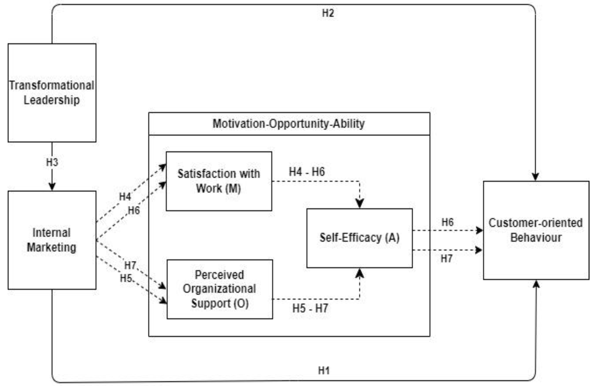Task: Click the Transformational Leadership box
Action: (x=52, y=93)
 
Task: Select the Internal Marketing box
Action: (x=52, y=240)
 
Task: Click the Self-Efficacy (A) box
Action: (x=359, y=238)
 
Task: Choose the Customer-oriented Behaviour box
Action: (x=536, y=230)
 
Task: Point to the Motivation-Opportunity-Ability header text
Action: (x=289, y=123)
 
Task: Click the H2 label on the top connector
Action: (x=328, y=13)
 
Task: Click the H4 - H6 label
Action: (x=307, y=172)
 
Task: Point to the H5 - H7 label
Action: (x=310, y=308)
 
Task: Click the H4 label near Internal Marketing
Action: (x=125, y=197)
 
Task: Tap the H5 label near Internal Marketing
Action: (x=126, y=278)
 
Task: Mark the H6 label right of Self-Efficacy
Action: (x=447, y=222)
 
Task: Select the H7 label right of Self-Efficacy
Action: (x=446, y=258)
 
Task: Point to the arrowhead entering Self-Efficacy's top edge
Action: (x=360, y=203)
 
